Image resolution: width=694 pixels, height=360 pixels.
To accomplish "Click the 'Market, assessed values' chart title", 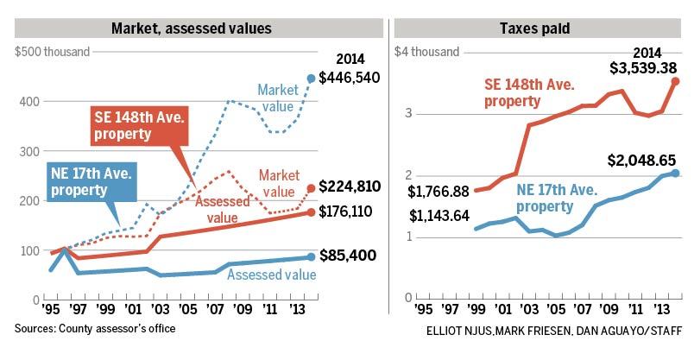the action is pos(192,28).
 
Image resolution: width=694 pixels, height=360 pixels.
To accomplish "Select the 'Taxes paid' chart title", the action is pos(534,28).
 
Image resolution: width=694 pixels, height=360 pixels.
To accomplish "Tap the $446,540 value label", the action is pos(350,78).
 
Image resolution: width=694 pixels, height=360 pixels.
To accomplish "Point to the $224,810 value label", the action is pos(350,186).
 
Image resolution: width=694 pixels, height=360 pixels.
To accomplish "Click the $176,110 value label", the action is pos(345,212).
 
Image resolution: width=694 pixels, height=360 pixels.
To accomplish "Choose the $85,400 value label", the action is pos(348,255).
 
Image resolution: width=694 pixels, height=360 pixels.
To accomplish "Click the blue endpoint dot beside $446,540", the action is pos(311,79).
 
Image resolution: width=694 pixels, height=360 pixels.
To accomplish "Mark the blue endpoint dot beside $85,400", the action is pos(311,256).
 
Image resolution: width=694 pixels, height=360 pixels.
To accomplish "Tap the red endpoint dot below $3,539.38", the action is pos(675,81).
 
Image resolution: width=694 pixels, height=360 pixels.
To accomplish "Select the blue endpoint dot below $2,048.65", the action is pos(675,174).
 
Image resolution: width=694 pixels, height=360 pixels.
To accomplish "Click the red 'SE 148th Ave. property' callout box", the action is pos(140,126).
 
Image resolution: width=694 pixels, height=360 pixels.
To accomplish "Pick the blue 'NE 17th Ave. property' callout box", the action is pos(91,181).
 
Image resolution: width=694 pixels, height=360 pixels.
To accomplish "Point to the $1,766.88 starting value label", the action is pos(438,192).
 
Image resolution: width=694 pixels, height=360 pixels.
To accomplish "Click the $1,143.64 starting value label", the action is pos(439,216).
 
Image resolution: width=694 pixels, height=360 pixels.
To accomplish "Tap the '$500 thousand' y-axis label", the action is pos(53,52).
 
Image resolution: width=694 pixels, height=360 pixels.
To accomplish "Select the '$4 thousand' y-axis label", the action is pos(426,52).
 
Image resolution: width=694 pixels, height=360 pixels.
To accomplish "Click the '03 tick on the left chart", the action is pos(160,309).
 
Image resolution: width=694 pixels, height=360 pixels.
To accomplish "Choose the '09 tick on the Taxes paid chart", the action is pos(609,309).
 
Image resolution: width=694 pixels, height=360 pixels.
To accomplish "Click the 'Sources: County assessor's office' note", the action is pos(95,329).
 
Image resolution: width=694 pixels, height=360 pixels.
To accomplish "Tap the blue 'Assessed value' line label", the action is pos(272,275).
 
